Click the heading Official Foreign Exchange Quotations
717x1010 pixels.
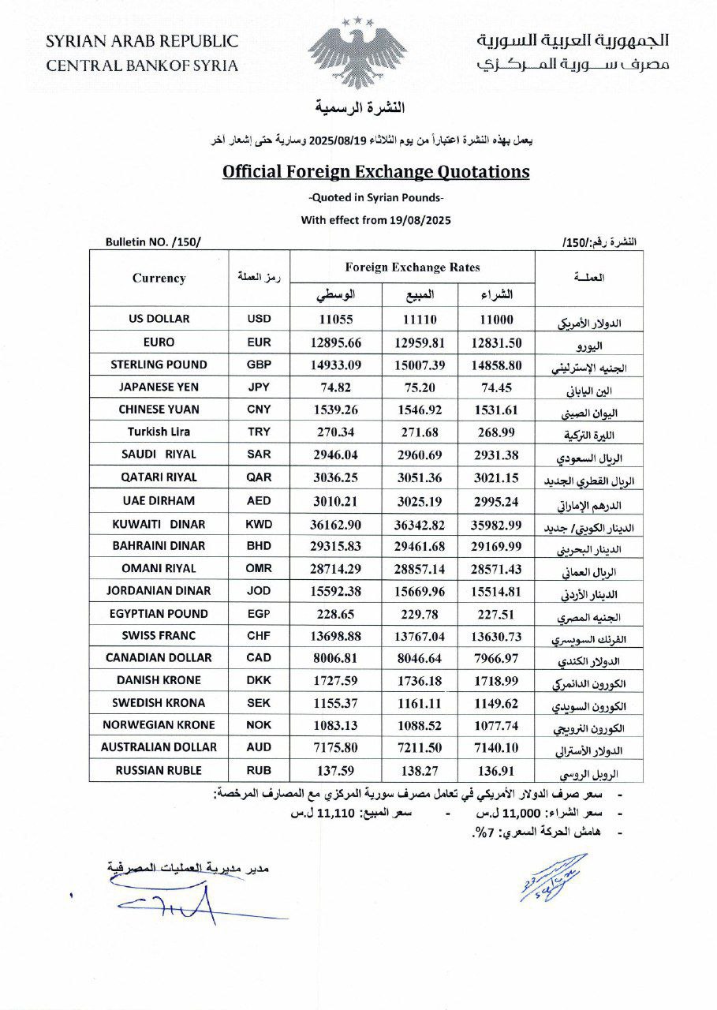pos(375,171)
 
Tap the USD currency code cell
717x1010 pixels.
pos(259,320)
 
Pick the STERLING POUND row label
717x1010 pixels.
pos(159,365)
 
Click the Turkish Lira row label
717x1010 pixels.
pos(159,432)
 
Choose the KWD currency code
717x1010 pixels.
pos(259,523)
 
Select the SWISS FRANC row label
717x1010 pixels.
pos(159,635)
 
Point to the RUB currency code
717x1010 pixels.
pos(259,771)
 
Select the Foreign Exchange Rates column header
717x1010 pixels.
pos(413,267)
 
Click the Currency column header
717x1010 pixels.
pos(159,278)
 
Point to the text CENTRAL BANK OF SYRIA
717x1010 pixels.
pos(142,65)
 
